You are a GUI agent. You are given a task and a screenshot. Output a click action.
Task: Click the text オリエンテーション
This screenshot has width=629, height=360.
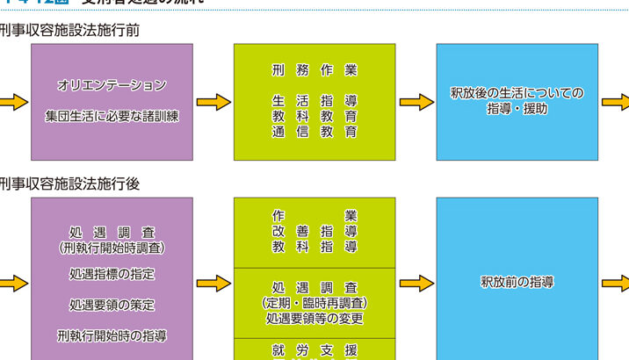[112, 86]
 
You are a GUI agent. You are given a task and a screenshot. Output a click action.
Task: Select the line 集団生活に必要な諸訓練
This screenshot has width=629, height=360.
[112, 116]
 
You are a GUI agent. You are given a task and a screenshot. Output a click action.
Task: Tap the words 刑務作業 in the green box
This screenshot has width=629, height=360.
[314, 69]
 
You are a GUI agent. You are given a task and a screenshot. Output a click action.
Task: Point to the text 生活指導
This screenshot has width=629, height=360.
[314, 101]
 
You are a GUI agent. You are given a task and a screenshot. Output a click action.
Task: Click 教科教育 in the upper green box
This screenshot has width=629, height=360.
[314, 116]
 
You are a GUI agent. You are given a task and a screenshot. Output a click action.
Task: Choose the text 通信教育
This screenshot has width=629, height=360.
[314, 132]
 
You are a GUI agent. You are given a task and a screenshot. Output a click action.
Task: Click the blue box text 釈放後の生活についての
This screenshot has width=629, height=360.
[517, 93]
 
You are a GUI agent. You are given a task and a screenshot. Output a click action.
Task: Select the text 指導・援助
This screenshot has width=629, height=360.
[517, 109]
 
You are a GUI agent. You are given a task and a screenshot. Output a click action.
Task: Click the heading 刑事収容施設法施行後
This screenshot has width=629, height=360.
[69, 184]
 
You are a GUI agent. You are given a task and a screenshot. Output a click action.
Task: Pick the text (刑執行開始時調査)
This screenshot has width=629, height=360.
[112, 248]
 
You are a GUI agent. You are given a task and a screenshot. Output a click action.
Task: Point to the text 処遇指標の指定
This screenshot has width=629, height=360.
[112, 275]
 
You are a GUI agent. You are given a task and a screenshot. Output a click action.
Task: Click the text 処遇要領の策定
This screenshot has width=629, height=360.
[112, 306]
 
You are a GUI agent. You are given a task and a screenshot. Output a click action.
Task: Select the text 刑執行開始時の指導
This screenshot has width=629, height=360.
[112, 335]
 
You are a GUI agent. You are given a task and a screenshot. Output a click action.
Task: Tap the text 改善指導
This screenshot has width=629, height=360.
[314, 231]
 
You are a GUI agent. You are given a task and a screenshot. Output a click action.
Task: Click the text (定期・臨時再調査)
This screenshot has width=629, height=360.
[314, 303]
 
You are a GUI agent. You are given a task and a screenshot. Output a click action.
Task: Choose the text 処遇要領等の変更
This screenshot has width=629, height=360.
[314, 319]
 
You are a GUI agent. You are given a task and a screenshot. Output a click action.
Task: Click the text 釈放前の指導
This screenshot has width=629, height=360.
[517, 283]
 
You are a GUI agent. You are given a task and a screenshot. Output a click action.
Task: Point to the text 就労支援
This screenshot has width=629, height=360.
[314, 350]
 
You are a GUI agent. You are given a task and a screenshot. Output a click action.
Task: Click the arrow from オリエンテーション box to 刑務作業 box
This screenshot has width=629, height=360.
[213, 102]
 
